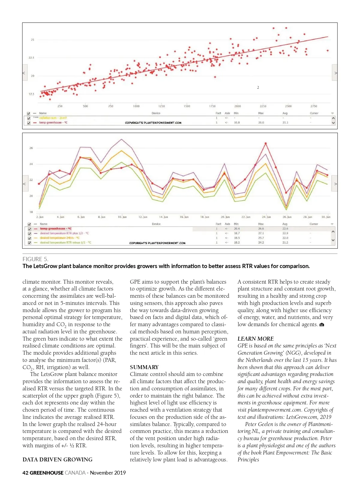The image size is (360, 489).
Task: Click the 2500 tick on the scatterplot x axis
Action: point(288,106)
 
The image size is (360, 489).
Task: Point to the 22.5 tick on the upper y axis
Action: point(31,58)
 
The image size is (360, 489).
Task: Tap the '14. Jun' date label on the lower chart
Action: point(163,217)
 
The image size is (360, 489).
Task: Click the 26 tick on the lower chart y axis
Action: point(31,148)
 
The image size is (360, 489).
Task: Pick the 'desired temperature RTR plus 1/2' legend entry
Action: point(64,233)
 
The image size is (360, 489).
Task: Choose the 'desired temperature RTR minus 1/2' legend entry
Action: point(65,243)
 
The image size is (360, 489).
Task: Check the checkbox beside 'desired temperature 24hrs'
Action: point(29,238)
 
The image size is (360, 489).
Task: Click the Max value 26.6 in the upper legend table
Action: point(261,123)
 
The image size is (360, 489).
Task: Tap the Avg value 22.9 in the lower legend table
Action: point(285,233)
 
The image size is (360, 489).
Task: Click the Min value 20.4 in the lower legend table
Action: point(237,229)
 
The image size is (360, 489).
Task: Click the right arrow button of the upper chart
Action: point(334,73)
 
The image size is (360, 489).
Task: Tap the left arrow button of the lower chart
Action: point(25,183)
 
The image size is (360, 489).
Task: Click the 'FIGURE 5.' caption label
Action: point(35,259)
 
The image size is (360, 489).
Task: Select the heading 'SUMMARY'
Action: point(144,367)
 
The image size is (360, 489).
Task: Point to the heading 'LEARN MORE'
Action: point(256,339)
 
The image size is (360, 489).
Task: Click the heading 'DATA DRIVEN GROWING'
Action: point(58,460)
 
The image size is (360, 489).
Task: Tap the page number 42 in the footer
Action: point(25,473)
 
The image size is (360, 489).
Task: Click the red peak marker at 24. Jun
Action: point(265,144)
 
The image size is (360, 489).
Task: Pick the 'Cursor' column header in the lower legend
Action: point(314,224)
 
